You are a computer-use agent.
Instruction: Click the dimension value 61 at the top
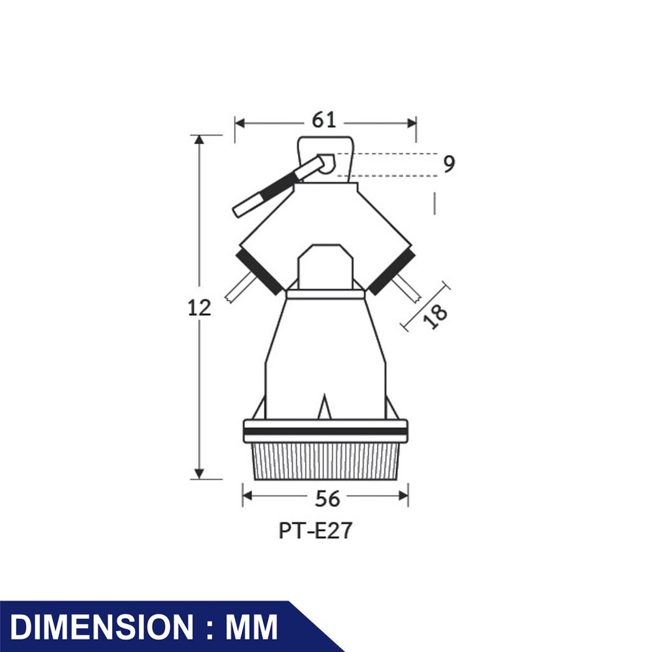tap(323, 120)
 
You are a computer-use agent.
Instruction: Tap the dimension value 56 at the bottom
tap(327, 499)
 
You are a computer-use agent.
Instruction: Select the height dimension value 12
tap(199, 308)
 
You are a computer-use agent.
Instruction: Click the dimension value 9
tap(449, 164)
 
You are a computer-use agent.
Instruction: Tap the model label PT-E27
tap(315, 531)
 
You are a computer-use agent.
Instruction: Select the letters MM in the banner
tap(252, 627)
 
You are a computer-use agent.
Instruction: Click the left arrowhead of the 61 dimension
tap(240, 124)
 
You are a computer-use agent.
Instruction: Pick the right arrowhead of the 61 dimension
tap(412, 124)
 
